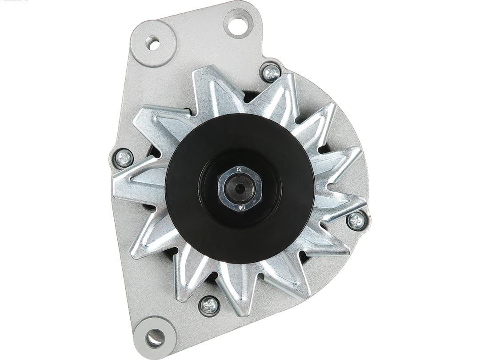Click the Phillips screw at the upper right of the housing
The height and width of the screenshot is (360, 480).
point(272,73)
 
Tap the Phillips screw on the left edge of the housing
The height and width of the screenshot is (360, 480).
point(124,157)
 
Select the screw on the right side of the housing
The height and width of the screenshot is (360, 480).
point(356,220)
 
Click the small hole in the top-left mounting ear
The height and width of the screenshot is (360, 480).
point(153,44)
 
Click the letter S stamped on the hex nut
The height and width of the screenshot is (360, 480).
point(239,169)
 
